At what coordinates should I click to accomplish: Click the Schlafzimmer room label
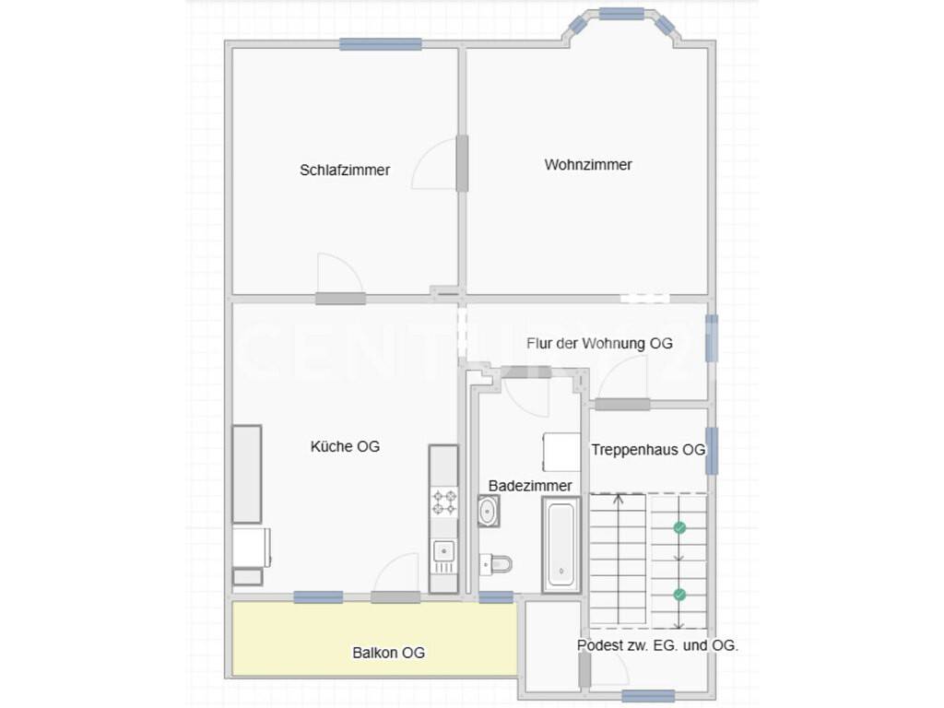pos(345,171)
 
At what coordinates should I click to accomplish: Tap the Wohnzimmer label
pos(588,165)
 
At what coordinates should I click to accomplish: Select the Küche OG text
pos(345,446)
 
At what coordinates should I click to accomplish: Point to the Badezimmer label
pos(530,486)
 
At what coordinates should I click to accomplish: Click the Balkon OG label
pos(389,653)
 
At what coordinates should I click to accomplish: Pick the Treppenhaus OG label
pos(648,450)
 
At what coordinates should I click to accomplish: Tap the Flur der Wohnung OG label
pos(599,344)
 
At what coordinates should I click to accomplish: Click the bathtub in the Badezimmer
pos(561,545)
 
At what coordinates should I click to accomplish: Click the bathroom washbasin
pos(489,512)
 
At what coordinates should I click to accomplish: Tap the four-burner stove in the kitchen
pos(443,502)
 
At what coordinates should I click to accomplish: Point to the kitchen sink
pos(443,557)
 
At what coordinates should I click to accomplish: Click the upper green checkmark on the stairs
pos(679,528)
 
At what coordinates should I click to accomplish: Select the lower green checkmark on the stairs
pos(679,595)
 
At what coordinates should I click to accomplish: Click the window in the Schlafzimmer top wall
pos(381,44)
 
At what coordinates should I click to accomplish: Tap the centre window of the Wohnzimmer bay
pos(622,13)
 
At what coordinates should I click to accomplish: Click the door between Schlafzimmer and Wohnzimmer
pos(462,164)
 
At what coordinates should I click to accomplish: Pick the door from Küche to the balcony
pos(395,597)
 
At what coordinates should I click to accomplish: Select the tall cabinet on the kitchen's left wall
pos(247,475)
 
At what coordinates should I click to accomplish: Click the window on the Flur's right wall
pos(712,337)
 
